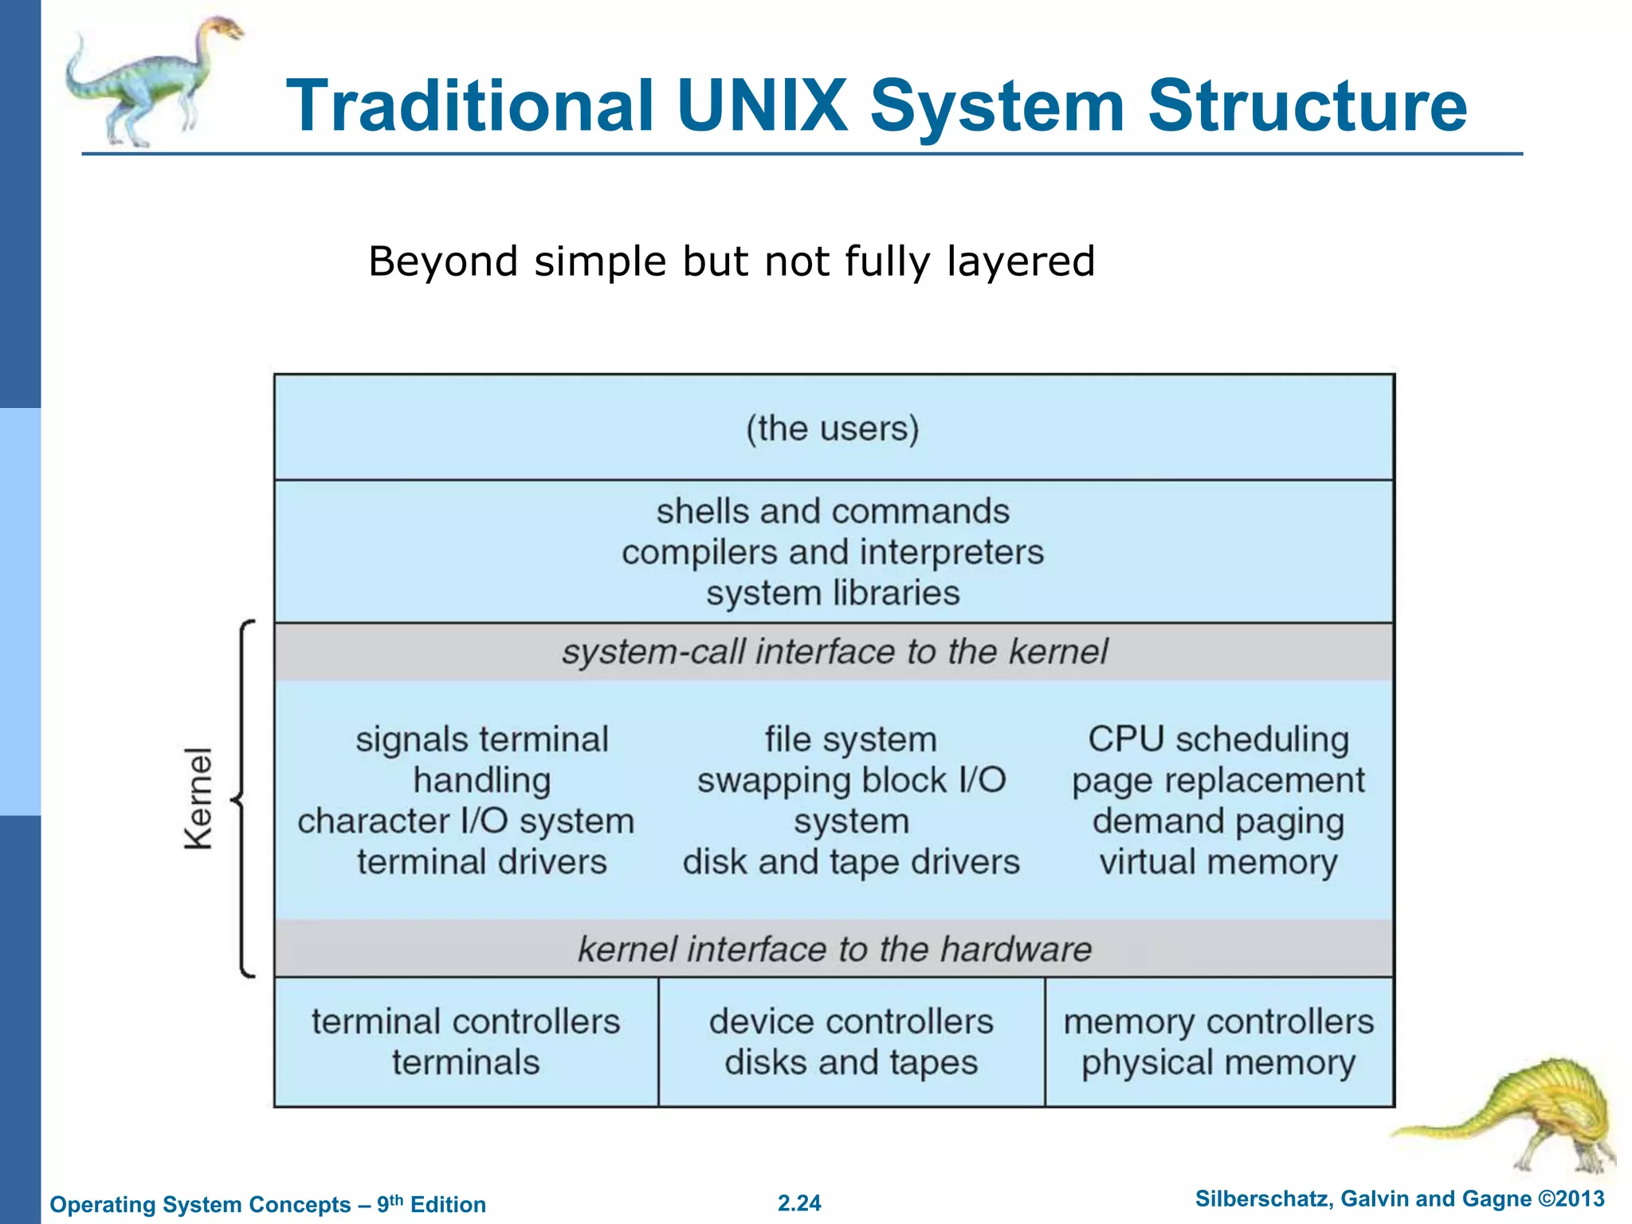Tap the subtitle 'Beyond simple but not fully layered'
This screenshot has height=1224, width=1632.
coord(732,261)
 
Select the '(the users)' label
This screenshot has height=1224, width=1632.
coord(833,429)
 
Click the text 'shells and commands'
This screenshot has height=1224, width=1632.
coord(833,512)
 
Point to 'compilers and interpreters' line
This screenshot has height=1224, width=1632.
coord(833,552)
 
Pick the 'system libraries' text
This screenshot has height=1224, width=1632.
coord(833,594)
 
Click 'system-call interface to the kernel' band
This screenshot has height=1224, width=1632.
coord(834,652)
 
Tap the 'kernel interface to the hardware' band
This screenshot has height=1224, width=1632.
coord(834,949)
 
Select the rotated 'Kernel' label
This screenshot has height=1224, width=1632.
coord(198,798)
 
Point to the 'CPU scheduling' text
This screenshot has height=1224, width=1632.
coord(1218,739)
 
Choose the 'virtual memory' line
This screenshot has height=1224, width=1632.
coord(1218,862)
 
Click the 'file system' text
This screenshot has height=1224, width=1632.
coord(851,739)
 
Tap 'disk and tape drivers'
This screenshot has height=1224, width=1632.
coord(851,862)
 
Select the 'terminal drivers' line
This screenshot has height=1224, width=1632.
coord(481,862)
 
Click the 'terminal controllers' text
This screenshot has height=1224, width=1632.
coord(465,1022)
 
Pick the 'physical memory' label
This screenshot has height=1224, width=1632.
coord(1218,1063)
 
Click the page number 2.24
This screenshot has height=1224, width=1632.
coord(799,1203)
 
